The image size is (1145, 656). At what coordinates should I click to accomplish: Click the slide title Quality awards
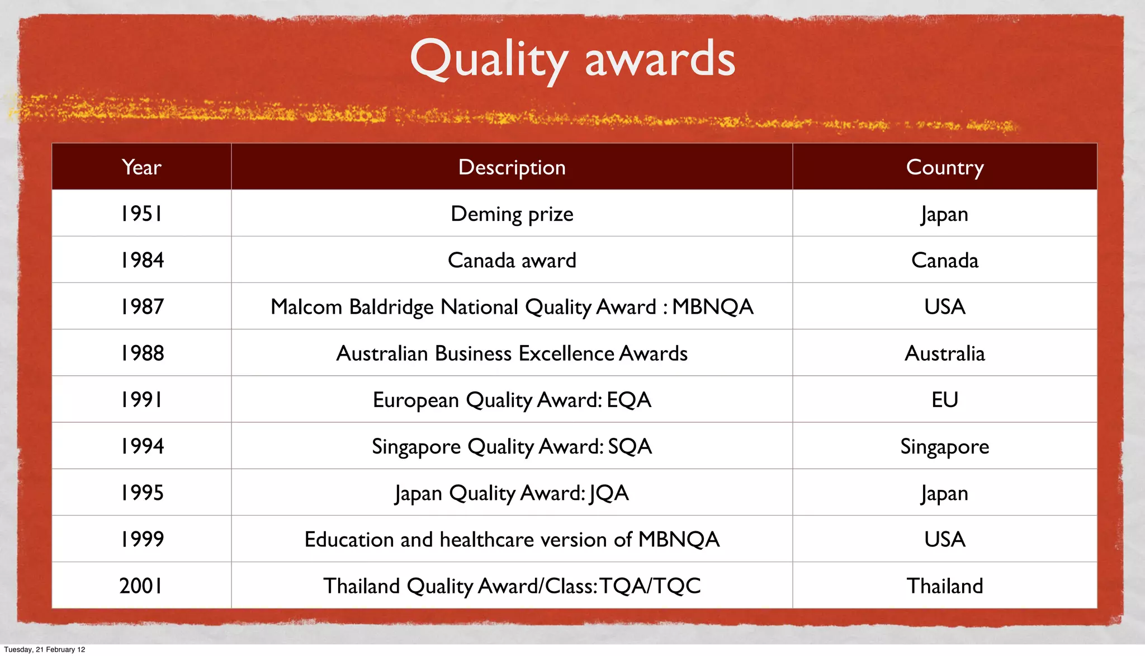pos(572,59)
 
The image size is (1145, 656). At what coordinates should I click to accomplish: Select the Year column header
pos(141,167)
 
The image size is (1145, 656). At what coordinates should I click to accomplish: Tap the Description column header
pos(512,167)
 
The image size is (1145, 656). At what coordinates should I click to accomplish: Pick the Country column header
pos(944,167)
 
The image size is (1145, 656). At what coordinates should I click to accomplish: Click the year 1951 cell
pos(141,214)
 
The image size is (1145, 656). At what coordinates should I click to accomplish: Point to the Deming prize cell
pos(512,214)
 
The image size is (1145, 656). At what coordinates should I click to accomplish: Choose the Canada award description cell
pos(512,261)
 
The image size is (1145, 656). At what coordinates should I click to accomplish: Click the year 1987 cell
pos(141,306)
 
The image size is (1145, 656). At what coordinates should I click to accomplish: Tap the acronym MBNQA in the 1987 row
pos(712,307)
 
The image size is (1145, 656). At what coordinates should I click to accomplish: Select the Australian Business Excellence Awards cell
pos(512,353)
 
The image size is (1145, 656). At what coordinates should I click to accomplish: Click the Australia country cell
pos(944,353)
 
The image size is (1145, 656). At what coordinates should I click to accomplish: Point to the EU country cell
pos(944,400)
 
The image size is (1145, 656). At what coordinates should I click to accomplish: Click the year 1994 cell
pos(141,446)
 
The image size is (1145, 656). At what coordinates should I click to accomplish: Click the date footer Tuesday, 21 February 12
pos(45,649)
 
